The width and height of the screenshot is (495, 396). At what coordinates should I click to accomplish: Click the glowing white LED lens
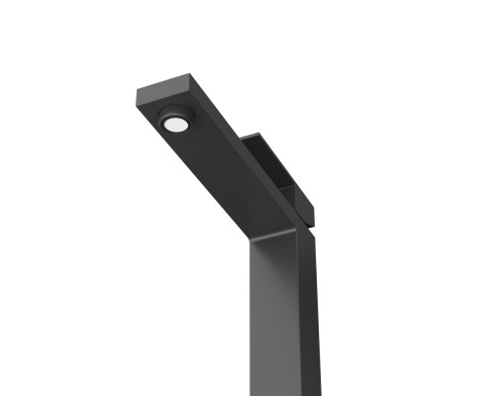point(176,125)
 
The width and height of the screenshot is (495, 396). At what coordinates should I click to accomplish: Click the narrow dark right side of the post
point(309,317)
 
